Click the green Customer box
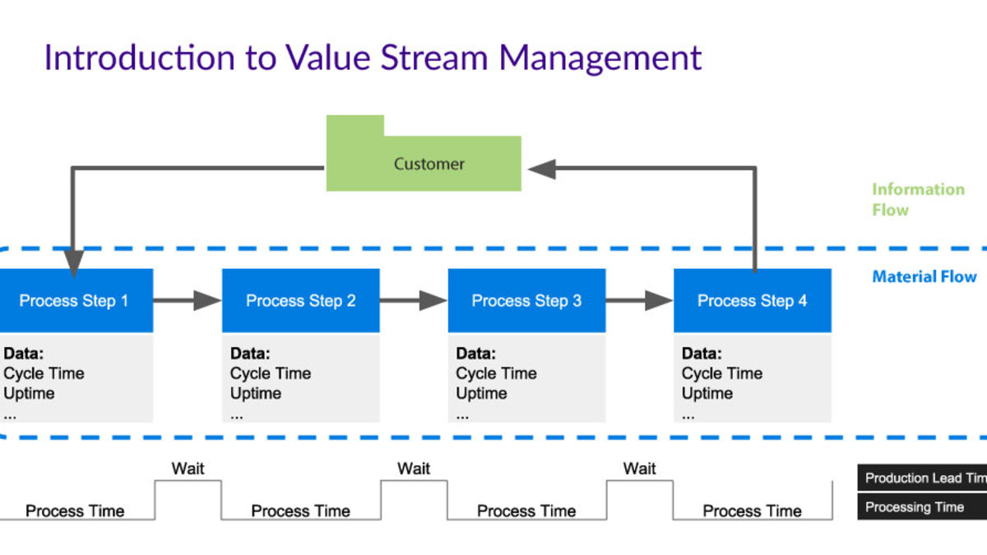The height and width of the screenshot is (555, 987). pyautogui.click(x=428, y=164)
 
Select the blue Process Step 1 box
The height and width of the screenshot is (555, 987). pyautogui.click(x=74, y=301)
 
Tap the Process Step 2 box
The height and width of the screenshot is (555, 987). pyautogui.click(x=301, y=301)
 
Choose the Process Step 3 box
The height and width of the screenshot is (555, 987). pyautogui.click(x=526, y=301)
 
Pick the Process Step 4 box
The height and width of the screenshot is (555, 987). pyautogui.click(x=752, y=301)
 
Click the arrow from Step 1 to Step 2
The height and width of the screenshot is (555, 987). pyautogui.click(x=188, y=301)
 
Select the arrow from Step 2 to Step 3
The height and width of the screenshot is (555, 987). pyautogui.click(x=414, y=301)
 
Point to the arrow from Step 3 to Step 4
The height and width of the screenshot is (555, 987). pyautogui.click(x=640, y=301)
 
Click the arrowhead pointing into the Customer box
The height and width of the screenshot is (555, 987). pyautogui.click(x=542, y=169)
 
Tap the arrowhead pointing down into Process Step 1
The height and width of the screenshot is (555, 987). pyautogui.click(x=73, y=263)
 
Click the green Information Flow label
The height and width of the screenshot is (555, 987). pyautogui.click(x=918, y=200)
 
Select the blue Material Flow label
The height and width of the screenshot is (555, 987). pyautogui.click(x=924, y=277)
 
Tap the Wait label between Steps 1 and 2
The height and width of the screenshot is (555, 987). pyautogui.click(x=188, y=469)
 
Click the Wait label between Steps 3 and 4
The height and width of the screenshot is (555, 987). pyautogui.click(x=639, y=469)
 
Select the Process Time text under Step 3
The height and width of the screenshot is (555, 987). pyautogui.click(x=526, y=511)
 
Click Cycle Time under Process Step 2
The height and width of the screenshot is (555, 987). pyautogui.click(x=271, y=373)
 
